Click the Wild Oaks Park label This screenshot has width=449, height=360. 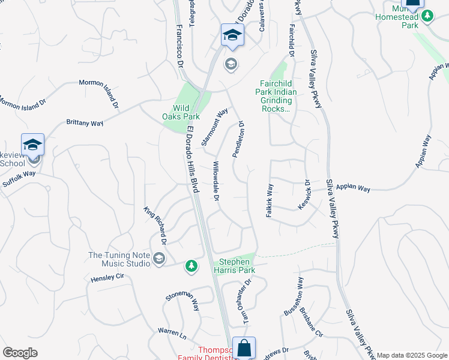181,112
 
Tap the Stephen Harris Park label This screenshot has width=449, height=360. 235,266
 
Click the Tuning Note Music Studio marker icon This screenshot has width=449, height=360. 159,259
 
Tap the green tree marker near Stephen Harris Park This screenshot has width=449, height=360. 191,266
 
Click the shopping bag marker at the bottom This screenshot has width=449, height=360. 244,347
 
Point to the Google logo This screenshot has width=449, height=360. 20,353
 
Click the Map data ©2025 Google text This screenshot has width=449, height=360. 411,355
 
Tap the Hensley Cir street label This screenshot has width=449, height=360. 107,278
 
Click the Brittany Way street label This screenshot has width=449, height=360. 85,123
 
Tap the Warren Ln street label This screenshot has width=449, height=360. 172,331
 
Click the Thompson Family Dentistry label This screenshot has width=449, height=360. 205,353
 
